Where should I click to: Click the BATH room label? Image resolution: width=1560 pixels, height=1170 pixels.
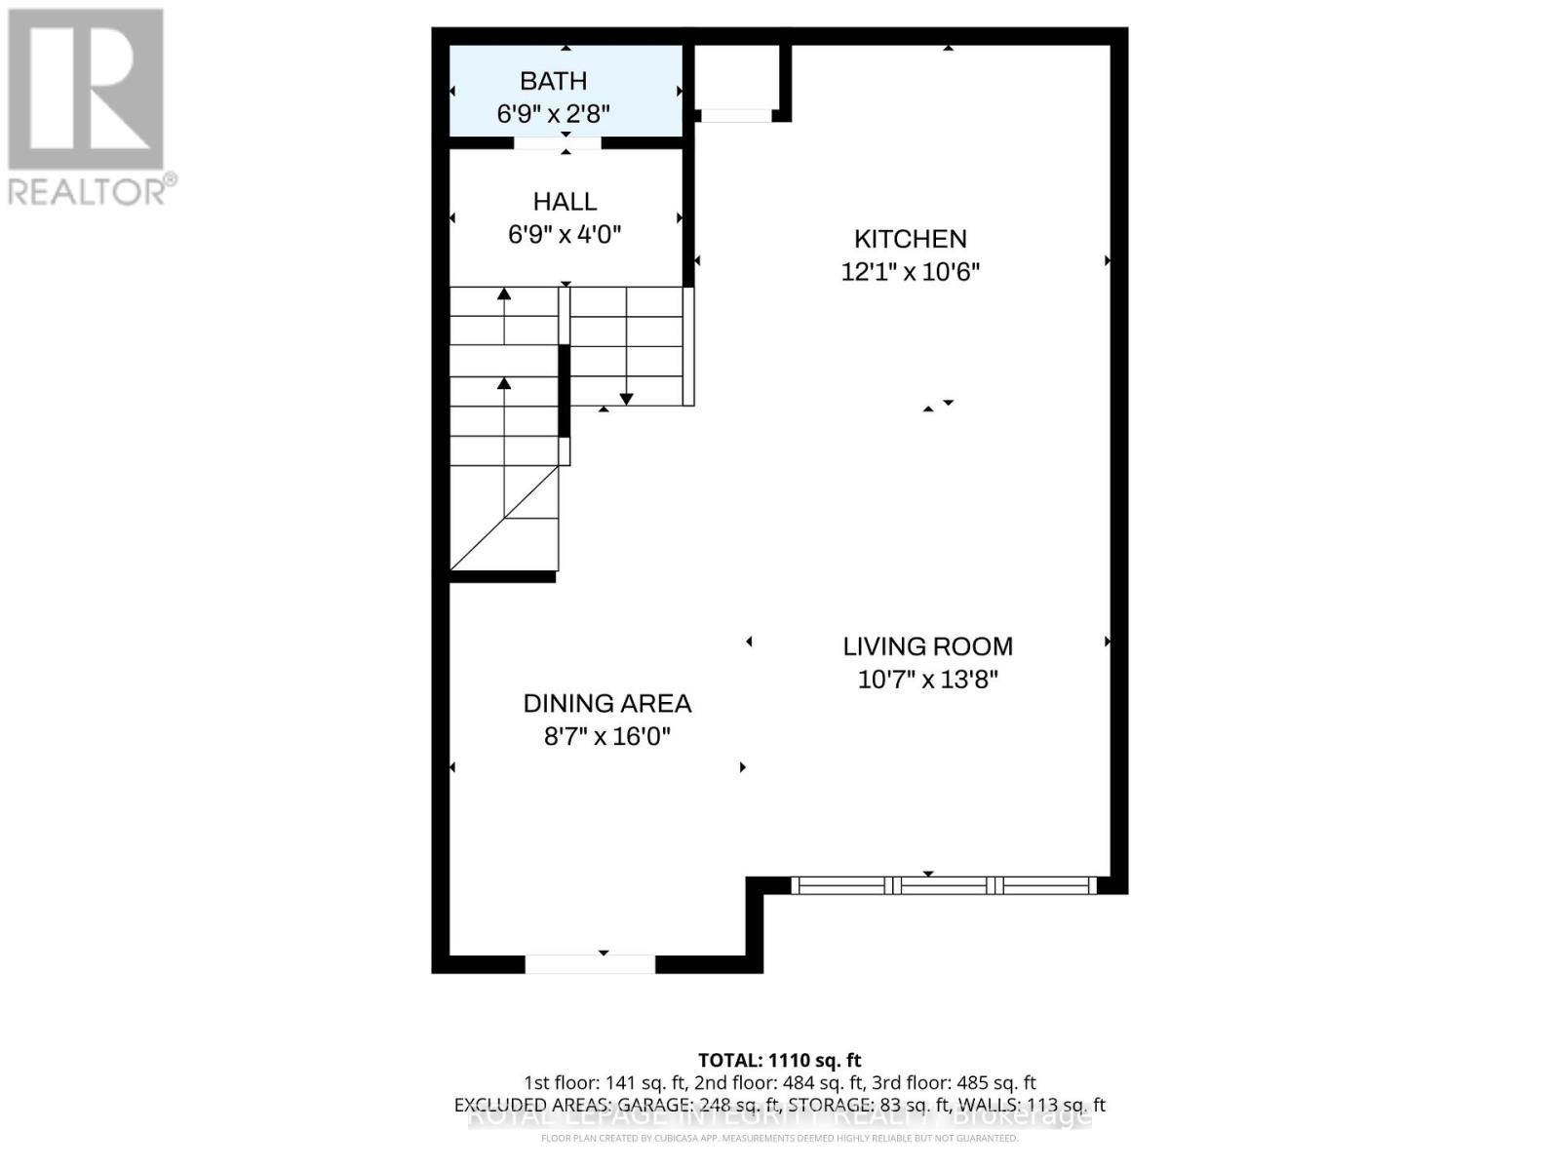553,81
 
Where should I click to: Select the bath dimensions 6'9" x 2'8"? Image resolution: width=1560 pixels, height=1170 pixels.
553,114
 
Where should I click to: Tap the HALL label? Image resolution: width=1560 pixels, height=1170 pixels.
565,202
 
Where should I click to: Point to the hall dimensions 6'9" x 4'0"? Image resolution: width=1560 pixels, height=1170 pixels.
565,235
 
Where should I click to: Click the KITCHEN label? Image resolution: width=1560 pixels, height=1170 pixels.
910,239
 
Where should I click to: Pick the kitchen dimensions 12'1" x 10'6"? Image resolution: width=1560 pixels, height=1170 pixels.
910,272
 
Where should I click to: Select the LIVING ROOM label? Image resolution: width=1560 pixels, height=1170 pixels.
927,646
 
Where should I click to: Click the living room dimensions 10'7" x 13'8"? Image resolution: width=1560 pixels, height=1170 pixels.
927,680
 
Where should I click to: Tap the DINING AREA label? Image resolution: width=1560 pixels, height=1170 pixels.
606,703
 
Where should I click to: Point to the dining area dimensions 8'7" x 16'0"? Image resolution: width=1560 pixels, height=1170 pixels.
606,736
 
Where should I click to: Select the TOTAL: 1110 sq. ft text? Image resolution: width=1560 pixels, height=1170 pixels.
779,1060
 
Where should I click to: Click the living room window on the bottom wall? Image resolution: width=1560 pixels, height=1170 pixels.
943,885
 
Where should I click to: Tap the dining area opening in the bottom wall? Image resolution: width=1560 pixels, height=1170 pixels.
590,964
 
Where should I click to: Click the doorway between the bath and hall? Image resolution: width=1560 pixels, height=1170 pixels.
558,143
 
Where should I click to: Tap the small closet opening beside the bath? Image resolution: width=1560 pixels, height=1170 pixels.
736,116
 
